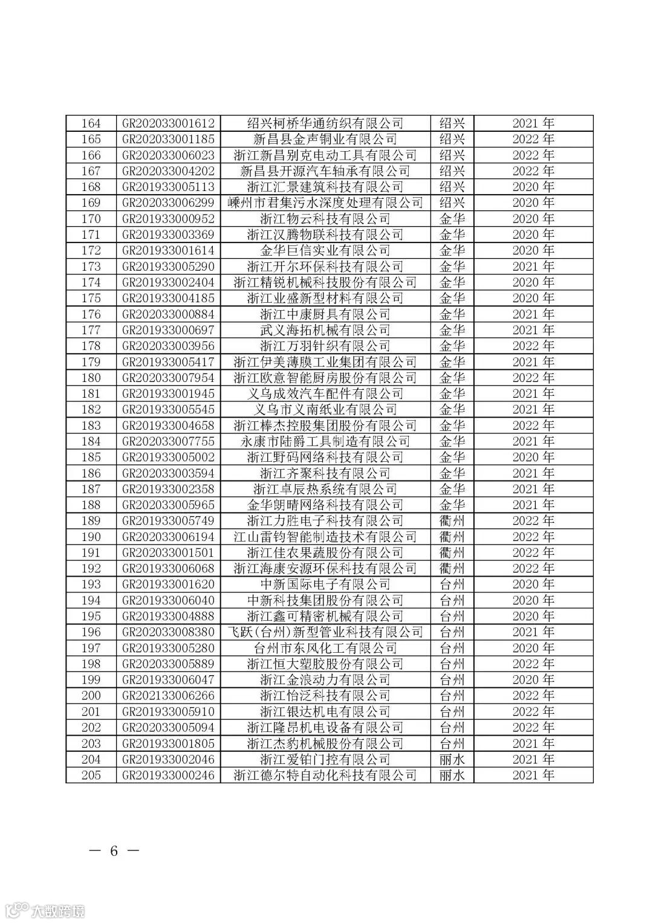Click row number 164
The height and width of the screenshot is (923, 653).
coord(91,123)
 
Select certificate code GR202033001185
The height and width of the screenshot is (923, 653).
coord(168,139)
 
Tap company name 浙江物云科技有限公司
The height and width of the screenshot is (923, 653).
coord(325,219)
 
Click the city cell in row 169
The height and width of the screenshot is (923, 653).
coord(452,202)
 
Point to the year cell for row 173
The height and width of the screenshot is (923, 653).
coord(533,267)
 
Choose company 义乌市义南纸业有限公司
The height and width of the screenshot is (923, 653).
coord(325,410)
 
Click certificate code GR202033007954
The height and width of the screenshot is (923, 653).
coord(168,378)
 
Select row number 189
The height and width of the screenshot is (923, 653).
coord(91,521)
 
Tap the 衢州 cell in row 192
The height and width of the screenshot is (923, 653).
coord(452,569)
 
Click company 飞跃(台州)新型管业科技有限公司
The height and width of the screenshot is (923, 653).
coord(325,632)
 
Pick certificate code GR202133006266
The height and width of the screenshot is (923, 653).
coord(168,696)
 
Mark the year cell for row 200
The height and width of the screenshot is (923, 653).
coord(533,696)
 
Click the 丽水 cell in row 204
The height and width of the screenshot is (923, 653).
coord(452,760)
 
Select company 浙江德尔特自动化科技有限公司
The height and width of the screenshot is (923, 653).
coord(325,776)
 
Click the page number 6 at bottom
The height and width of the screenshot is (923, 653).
coord(113,851)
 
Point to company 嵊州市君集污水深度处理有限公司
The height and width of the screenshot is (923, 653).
coord(325,202)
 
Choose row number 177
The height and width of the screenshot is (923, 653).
coord(91,330)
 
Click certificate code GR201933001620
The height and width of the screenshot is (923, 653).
coord(168,585)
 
